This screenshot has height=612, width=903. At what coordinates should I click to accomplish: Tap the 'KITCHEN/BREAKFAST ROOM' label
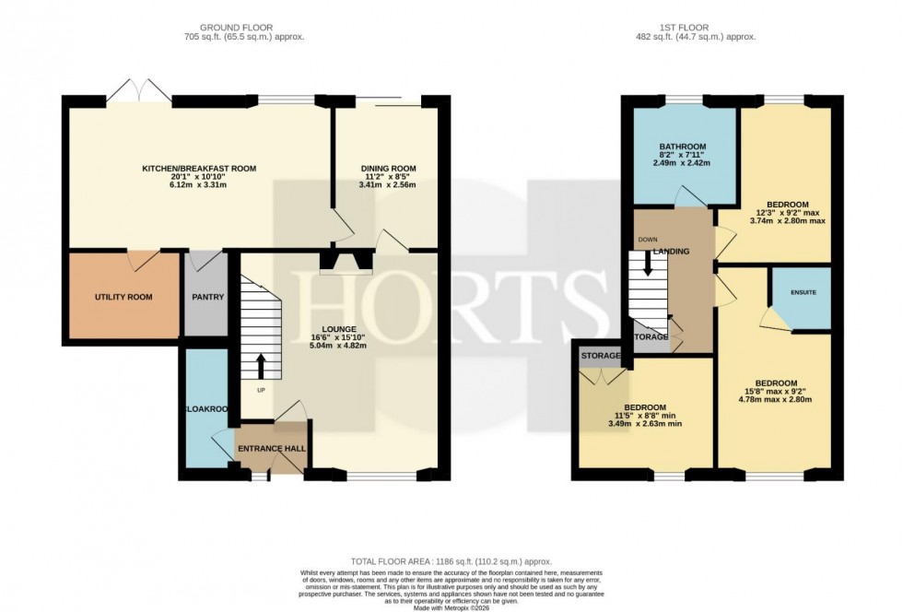pyautogui.click(x=198, y=169)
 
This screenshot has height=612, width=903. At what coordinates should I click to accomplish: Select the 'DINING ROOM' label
pyautogui.click(x=388, y=169)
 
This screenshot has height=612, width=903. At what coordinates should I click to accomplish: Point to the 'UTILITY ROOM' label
pyautogui.click(x=123, y=297)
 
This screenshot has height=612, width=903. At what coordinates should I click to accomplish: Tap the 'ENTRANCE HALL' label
pyautogui.click(x=272, y=449)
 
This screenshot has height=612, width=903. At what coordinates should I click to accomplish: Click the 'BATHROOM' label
pyautogui.click(x=682, y=147)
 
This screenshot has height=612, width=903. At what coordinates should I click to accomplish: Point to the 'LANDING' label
pyautogui.click(x=672, y=251)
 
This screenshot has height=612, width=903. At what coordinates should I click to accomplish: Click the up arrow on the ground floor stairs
pyautogui.click(x=259, y=366)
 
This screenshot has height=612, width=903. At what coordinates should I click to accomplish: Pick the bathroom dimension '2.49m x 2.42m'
pyautogui.click(x=682, y=163)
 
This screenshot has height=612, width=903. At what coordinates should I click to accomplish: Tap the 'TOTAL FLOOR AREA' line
pyautogui.click(x=451, y=560)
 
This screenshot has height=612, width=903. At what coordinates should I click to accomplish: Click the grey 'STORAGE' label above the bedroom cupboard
pyautogui.click(x=598, y=355)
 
